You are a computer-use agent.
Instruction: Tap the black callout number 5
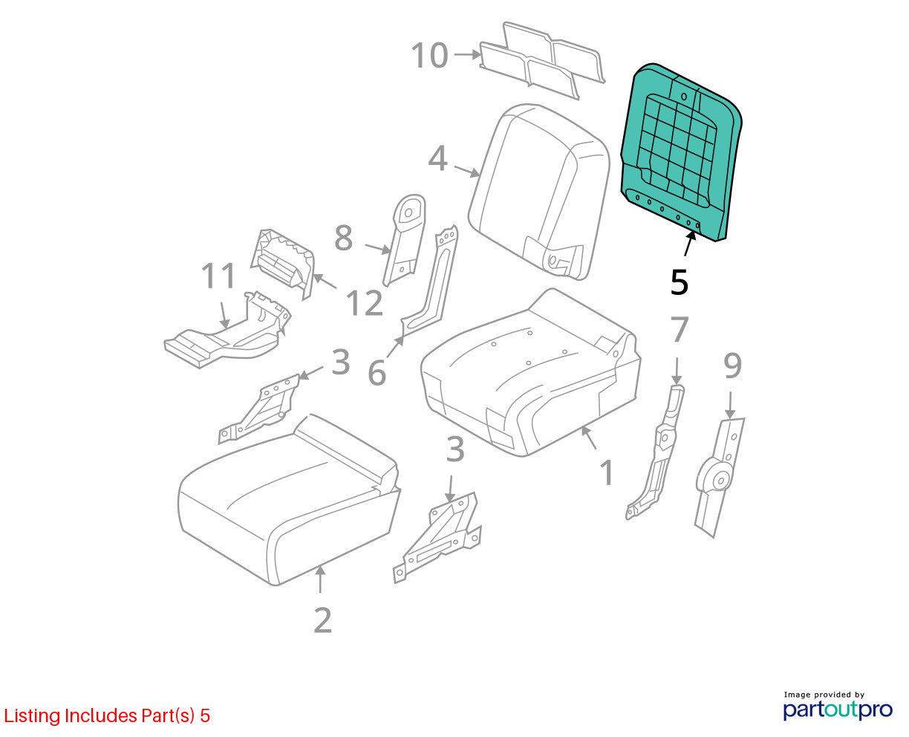679,282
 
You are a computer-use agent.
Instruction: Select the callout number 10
429,56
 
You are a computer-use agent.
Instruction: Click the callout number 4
438,158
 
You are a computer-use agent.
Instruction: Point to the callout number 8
344,238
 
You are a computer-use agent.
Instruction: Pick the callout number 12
365,303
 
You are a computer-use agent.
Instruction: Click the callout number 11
218,276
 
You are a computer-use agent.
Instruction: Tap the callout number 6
377,373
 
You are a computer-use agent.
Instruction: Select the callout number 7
680,329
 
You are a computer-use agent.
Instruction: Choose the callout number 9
733,366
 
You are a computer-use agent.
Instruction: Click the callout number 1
607,473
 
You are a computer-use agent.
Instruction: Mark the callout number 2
322,620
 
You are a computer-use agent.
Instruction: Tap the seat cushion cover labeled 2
289,500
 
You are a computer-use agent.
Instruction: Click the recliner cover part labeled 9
720,478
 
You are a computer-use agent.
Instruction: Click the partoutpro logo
837,710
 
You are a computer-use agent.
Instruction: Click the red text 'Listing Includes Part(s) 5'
107,715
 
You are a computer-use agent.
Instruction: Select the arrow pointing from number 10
467,55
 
